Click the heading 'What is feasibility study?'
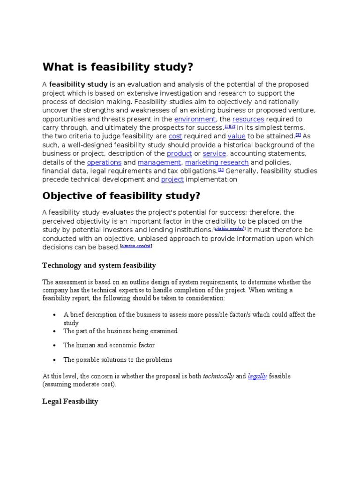pos(118,67)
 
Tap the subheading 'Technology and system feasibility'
pos(99,265)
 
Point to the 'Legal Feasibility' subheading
pos(70,401)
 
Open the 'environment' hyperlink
pos(195,119)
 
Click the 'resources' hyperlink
pos(248,119)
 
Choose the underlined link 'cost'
pos(175,136)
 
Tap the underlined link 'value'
pos(237,136)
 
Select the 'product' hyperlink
pos(179,154)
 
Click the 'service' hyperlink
pos(215,154)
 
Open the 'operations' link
pos(104,162)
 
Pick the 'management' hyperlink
pos(159,162)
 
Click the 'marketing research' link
pos(217,162)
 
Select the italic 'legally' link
pos(257,376)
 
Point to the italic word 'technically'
pos(218,376)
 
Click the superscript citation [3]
pos(298,135)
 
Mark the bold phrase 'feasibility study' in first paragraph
pos(78,84)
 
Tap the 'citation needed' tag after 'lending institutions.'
pos(229,229)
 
